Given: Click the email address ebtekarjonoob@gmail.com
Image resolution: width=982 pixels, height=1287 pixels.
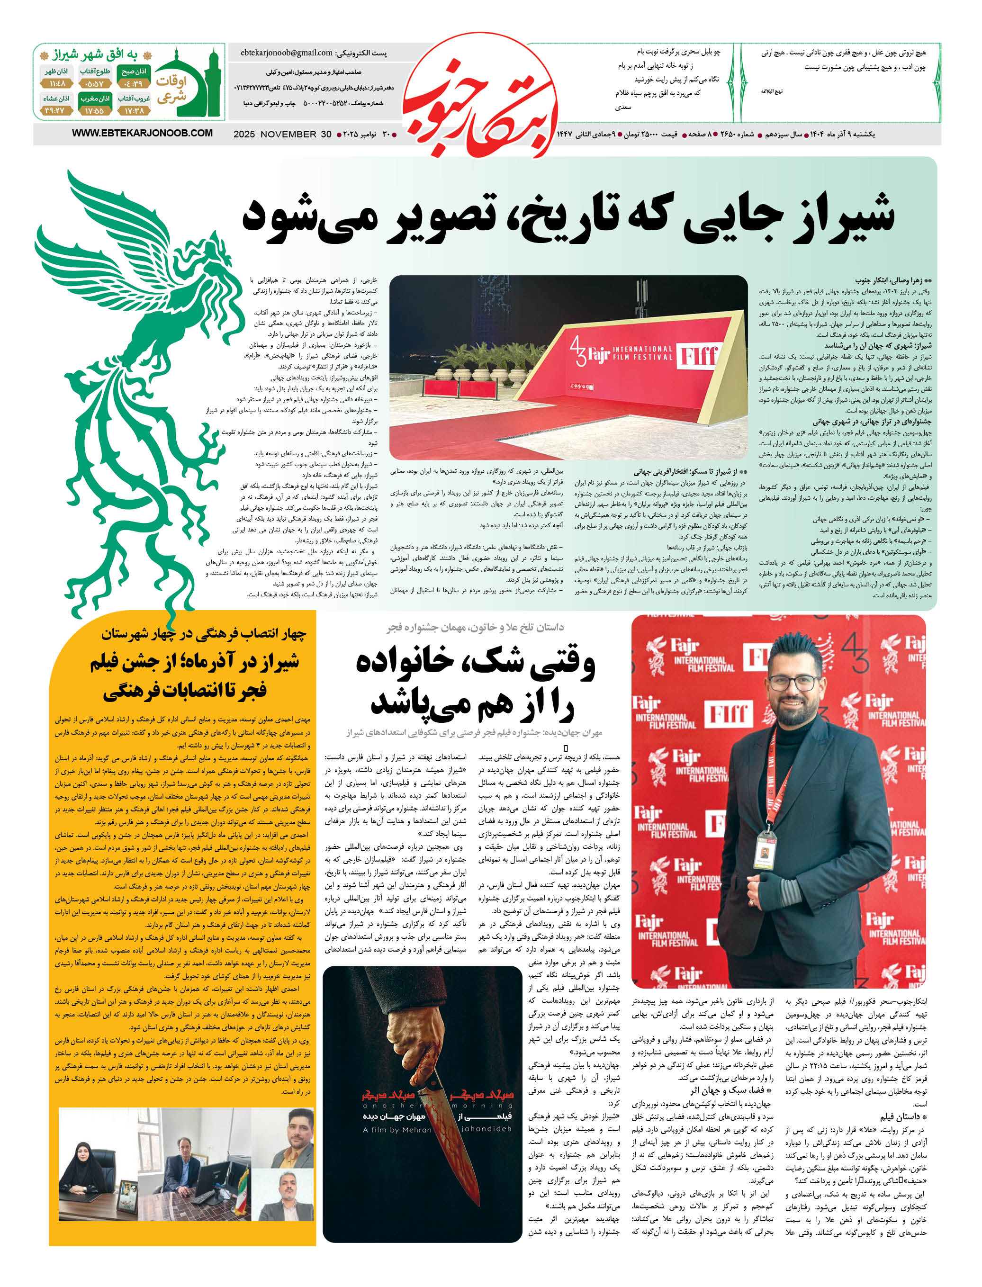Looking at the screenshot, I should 287,53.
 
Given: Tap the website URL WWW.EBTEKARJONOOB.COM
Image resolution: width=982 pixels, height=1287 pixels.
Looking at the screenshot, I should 142,133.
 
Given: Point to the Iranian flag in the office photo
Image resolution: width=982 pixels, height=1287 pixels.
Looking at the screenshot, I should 240,1187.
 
